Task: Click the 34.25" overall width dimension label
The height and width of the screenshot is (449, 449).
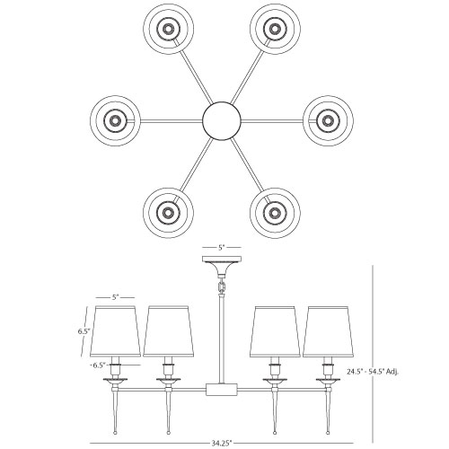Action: (x=222, y=443)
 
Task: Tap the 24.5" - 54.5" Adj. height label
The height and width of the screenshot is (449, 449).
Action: (x=373, y=372)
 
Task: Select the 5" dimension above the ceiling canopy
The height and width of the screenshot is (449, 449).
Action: (x=221, y=248)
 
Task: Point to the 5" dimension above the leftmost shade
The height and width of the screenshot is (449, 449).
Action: (x=115, y=297)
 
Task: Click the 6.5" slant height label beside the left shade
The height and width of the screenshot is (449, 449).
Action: (x=84, y=331)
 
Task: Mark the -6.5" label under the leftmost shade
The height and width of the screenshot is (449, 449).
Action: (x=98, y=365)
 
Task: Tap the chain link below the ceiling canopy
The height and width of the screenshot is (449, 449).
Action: (x=222, y=286)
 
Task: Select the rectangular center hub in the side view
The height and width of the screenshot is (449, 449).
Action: (x=222, y=390)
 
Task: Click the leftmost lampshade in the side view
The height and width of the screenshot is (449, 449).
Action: (x=115, y=331)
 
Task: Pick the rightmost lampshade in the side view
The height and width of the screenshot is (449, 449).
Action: (x=329, y=331)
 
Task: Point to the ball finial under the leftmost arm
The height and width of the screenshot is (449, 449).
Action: (x=115, y=433)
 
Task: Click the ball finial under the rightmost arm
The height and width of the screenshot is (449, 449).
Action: (x=329, y=433)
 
